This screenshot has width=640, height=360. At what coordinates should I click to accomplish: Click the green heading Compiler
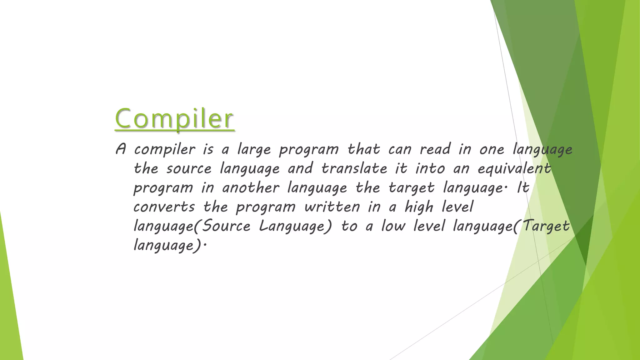click(x=174, y=118)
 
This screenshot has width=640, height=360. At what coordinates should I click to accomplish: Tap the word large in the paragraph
click(x=254, y=149)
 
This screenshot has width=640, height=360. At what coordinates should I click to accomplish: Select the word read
click(x=435, y=149)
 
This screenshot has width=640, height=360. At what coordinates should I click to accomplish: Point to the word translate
click(x=354, y=168)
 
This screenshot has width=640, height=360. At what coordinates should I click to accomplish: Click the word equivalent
click(x=514, y=168)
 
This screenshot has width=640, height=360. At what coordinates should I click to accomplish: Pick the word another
click(x=251, y=188)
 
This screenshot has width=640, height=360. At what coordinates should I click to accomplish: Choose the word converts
click(x=164, y=207)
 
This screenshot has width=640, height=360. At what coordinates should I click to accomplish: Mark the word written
click(x=332, y=207)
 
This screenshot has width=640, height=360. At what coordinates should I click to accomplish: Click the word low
click(x=393, y=226)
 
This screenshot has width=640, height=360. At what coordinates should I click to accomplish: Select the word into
click(x=430, y=168)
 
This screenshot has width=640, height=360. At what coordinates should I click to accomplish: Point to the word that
click(x=364, y=149)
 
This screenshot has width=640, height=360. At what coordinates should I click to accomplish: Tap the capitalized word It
click(x=523, y=188)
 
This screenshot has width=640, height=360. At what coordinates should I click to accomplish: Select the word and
click(x=300, y=168)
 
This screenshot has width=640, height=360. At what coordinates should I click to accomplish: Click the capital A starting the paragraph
click(x=121, y=149)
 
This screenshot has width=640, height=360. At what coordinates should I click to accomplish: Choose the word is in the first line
click(x=208, y=149)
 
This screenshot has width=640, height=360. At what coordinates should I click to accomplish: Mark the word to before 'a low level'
click(x=349, y=226)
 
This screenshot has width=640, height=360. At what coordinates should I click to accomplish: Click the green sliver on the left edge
click(x=9, y=297)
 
